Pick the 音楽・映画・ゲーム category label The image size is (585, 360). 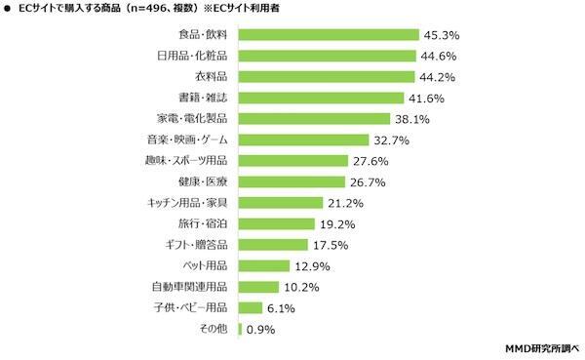pyautogui.click(x=187, y=140)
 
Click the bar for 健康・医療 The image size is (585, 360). pyautogui.click(x=292, y=181)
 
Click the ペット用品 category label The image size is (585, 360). pyautogui.click(x=205, y=265)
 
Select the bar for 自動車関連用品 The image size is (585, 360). pyautogui.click(x=258, y=287)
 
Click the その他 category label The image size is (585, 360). pyautogui.click(x=214, y=329)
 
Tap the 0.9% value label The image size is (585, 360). pyautogui.click(x=261, y=329)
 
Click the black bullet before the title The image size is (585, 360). pyautogui.click(x=9, y=10)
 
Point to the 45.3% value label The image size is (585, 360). pyautogui.click(x=440, y=34)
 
